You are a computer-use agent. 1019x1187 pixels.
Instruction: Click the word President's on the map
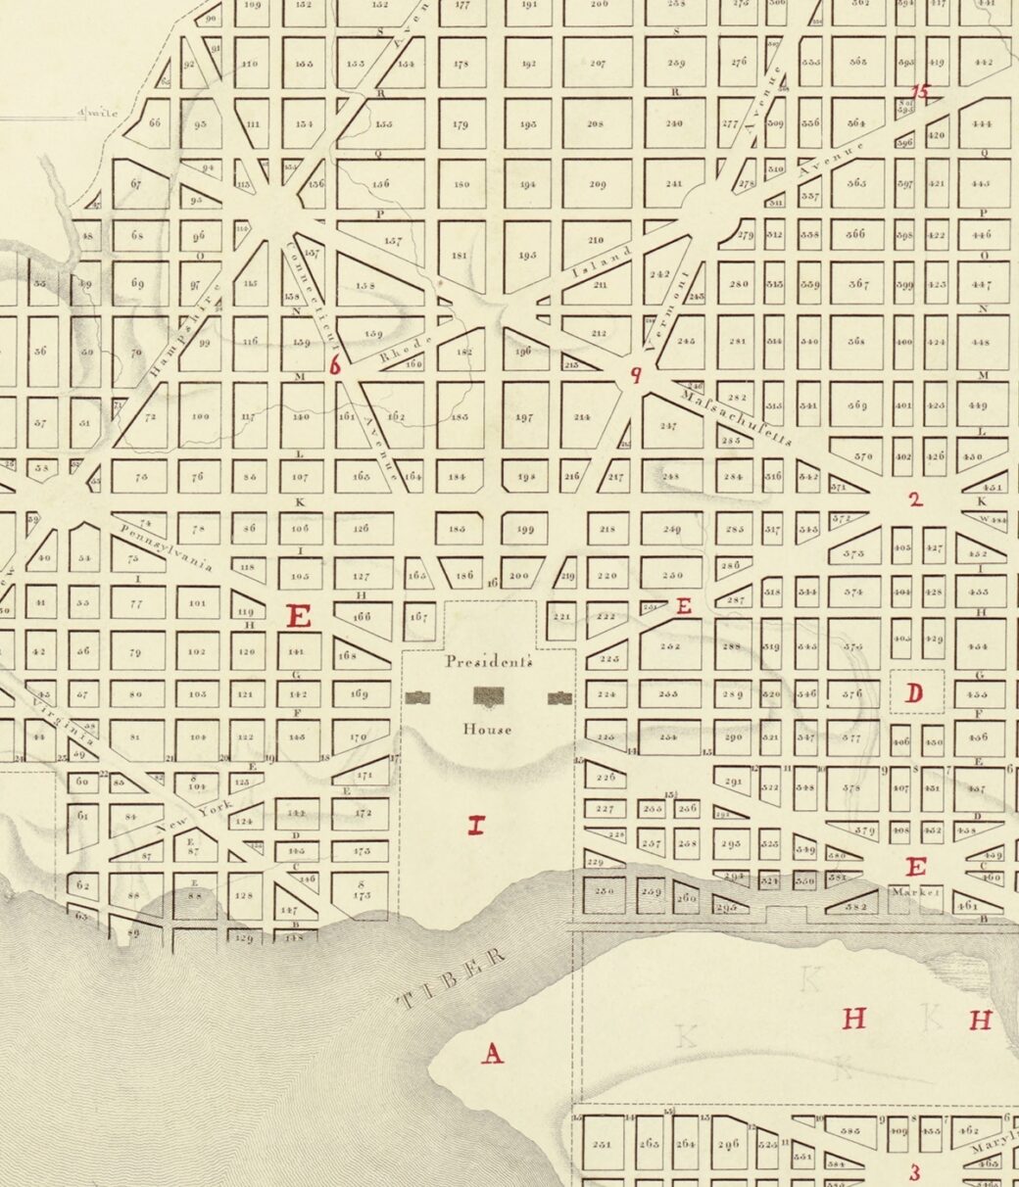[489, 661]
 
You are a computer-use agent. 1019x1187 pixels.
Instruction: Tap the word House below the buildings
[488, 730]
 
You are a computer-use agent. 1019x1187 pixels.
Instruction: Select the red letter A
[492, 1054]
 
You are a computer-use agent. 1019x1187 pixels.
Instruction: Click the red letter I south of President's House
[476, 826]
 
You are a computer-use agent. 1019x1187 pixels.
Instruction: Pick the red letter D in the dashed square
[914, 694]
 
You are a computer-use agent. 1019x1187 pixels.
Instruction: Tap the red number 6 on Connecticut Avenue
[336, 366]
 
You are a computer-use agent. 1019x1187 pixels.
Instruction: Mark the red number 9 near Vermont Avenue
[636, 374]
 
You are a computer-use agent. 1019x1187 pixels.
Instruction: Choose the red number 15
[921, 92]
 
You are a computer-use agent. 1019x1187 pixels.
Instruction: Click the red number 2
[915, 499]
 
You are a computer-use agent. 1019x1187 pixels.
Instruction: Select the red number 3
[915, 1172]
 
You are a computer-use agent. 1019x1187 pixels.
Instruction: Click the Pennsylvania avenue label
[167, 547]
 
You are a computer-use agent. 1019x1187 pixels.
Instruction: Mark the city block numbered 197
[524, 416]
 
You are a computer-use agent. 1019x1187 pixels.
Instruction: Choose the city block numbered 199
[524, 531]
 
